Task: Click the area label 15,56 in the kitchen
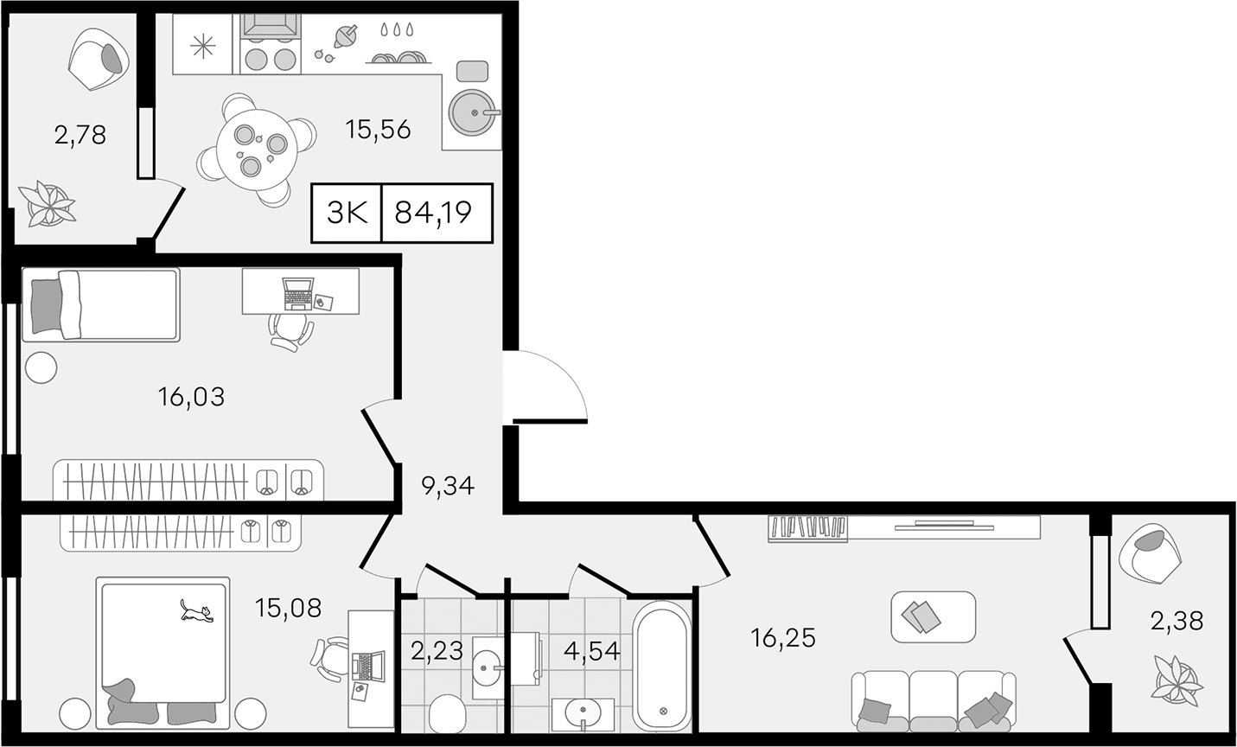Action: [x=379, y=131]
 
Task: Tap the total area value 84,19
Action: [x=433, y=213]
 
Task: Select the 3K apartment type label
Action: [x=347, y=213]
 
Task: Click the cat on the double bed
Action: [x=196, y=611]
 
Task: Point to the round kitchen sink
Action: [x=472, y=113]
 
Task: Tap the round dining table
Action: [x=258, y=150]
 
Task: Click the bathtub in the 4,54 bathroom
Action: [x=662, y=666]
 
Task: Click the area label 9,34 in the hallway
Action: [x=448, y=486]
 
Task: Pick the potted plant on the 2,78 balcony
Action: [x=47, y=203]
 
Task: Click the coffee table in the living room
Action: [x=934, y=616]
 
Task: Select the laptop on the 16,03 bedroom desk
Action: [x=298, y=294]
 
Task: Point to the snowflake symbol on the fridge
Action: [x=202, y=45]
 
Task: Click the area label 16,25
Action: [x=783, y=638]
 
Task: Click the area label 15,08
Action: [x=288, y=609]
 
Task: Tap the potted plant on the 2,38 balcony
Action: [x=1177, y=680]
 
